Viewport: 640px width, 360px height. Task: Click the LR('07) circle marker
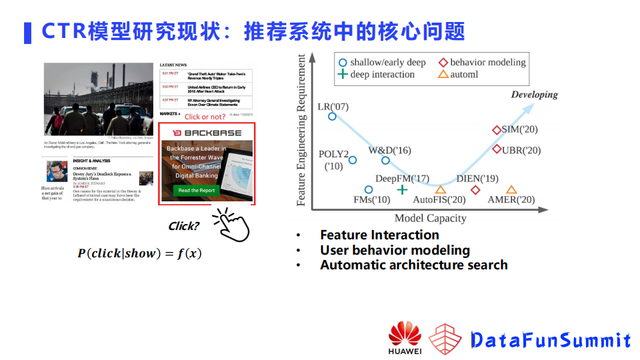(332, 117)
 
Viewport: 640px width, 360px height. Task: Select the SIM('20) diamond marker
(497, 130)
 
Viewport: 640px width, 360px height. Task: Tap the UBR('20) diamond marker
(497, 149)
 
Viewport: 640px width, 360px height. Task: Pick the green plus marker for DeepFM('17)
(402, 190)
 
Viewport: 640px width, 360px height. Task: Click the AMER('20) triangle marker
(511, 190)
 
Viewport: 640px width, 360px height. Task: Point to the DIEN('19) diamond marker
(475, 190)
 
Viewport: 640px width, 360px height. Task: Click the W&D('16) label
(390, 151)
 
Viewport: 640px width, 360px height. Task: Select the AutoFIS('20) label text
(439, 200)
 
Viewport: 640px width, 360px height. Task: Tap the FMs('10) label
(371, 199)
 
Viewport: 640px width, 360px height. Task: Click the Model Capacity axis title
(430, 218)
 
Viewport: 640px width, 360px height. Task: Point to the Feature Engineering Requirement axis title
(301, 130)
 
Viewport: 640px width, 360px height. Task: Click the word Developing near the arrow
(534, 95)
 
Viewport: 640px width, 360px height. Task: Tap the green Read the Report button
(197, 191)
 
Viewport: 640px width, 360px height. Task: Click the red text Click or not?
(205, 117)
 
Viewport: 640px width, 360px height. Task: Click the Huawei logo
(405, 339)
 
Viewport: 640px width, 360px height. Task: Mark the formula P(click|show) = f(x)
(139, 253)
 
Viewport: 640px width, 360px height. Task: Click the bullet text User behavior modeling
(395, 250)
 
